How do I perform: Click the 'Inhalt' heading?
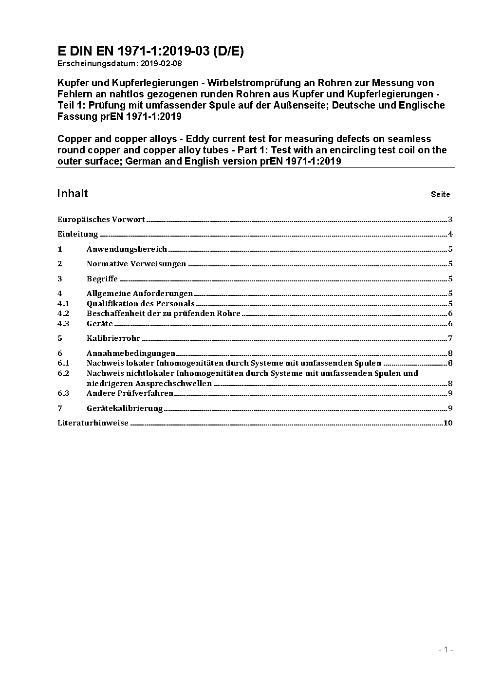(73, 194)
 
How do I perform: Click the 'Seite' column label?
(440, 195)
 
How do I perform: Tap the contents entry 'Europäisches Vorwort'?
(101, 220)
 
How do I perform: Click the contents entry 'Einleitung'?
(78, 234)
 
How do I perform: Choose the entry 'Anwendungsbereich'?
(127, 249)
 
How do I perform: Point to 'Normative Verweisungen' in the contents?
(136, 264)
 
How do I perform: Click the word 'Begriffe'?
(102, 279)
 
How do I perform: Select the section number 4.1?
(63, 304)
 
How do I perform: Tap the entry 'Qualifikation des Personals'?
(140, 304)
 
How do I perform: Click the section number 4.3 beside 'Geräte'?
(63, 324)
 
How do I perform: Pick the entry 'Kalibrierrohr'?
(113, 338)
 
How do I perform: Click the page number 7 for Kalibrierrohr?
(450, 338)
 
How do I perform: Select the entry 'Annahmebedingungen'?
(131, 353)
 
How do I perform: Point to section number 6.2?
(63, 373)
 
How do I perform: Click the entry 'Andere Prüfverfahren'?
(130, 393)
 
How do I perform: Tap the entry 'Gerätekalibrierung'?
(125, 408)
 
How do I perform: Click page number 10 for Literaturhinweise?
(448, 423)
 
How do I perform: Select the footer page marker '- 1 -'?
(446, 649)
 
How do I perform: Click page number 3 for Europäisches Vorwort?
(450, 220)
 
